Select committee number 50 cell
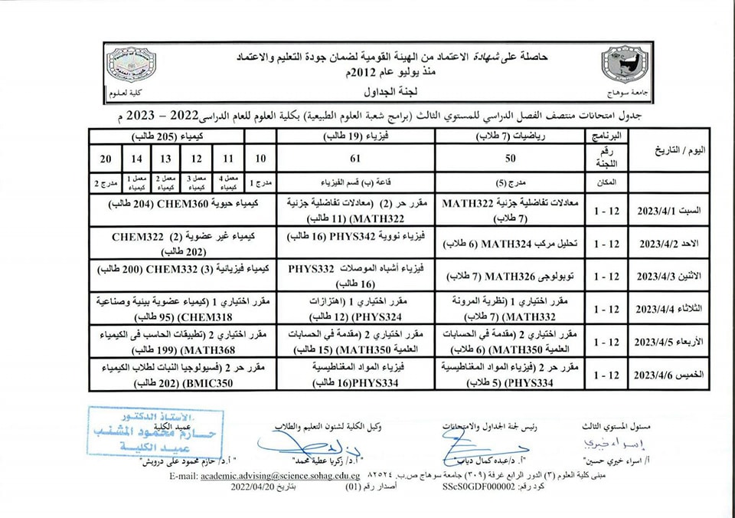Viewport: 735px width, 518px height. click(521, 159)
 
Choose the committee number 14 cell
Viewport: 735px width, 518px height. click(136, 159)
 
